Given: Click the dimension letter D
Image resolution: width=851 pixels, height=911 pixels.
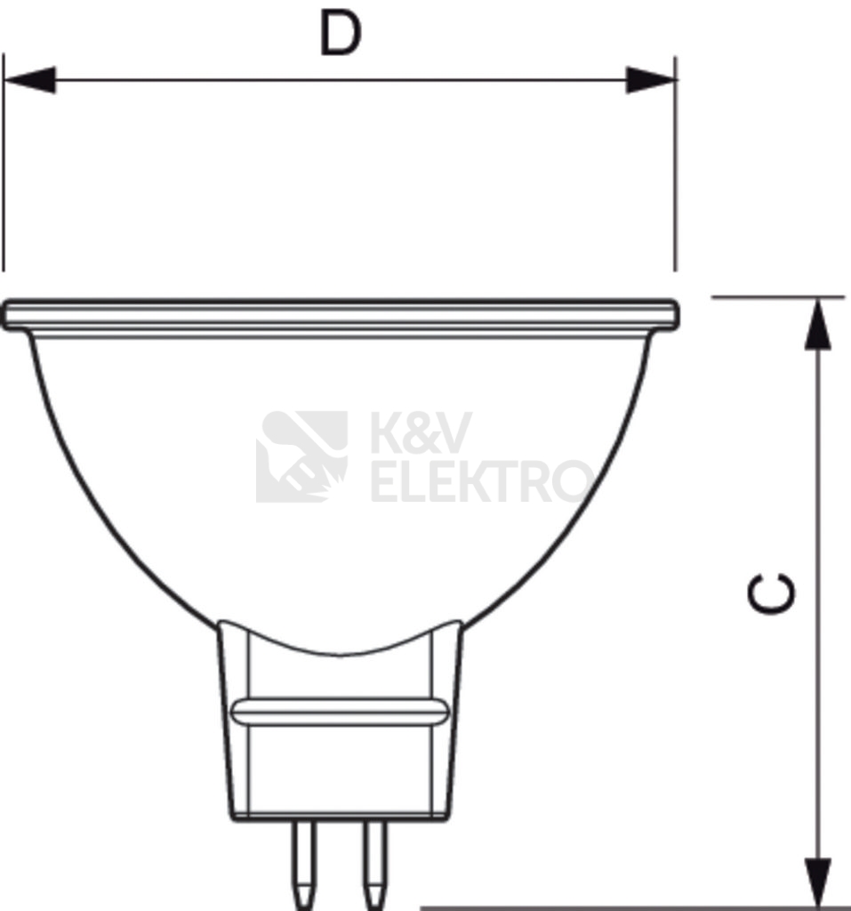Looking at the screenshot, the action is pyautogui.click(x=341, y=35).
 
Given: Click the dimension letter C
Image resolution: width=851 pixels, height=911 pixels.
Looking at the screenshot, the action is pyautogui.click(x=771, y=593).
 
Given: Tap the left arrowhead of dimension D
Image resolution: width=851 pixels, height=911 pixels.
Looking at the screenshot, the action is pyautogui.click(x=30, y=79).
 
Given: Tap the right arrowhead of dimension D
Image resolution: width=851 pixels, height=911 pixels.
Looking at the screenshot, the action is pyautogui.click(x=651, y=79).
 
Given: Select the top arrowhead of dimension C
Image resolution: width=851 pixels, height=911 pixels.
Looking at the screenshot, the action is pyautogui.click(x=817, y=325).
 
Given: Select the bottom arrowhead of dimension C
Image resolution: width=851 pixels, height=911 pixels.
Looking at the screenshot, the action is pyautogui.click(x=817, y=882).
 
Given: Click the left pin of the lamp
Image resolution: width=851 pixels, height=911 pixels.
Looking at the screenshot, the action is pyautogui.click(x=304, y=865).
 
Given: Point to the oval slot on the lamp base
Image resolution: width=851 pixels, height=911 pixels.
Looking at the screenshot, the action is pyautogui.click(x=340, y=712).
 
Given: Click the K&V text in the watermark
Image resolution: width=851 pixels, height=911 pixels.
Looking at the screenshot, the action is pyautogui.click(x=421, y=432).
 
